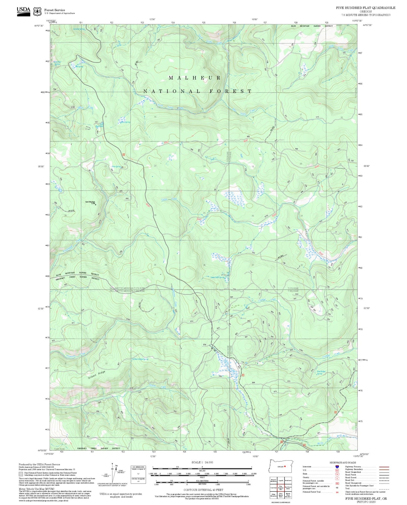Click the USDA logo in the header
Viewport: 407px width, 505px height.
23,10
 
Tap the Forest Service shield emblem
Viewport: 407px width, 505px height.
37,12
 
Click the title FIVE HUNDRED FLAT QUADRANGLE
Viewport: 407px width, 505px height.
365,8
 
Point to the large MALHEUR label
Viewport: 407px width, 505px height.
195,78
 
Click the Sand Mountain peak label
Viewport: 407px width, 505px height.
90,202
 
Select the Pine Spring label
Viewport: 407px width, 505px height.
116,167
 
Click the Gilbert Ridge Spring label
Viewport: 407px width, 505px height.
140,359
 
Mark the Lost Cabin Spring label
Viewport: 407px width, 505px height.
218,278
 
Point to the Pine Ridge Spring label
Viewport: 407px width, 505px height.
321,372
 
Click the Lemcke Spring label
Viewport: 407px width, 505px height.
79,29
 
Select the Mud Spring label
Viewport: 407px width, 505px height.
125,122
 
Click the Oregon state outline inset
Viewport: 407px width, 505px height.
281,467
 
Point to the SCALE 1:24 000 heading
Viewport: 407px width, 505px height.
202,462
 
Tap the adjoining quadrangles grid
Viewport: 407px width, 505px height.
281,488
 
